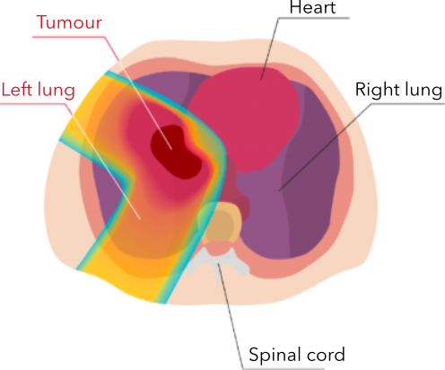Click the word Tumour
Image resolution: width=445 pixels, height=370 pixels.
coord(69,22)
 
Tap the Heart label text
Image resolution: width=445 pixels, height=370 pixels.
coord(312,7)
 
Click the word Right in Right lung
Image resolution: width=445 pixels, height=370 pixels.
coord(377,89)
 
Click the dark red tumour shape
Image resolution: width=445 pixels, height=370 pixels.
coord(176,152)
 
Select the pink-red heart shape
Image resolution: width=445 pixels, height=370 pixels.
coord(244,119)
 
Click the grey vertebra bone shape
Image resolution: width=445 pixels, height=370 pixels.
coord(217,263)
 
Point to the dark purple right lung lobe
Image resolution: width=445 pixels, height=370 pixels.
coord(311,172)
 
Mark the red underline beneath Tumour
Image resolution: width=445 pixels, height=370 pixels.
coord(69,37)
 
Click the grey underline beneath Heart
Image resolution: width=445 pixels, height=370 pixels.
coord(313,18)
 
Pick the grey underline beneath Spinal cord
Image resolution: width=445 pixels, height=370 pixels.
coord(284,368)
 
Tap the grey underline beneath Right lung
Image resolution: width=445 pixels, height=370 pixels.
coord(408,103)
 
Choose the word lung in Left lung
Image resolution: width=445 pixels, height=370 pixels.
coord(56,91)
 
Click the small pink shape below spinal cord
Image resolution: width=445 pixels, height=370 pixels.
coord(219,249)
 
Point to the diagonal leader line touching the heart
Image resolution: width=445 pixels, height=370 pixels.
coord(270,48)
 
